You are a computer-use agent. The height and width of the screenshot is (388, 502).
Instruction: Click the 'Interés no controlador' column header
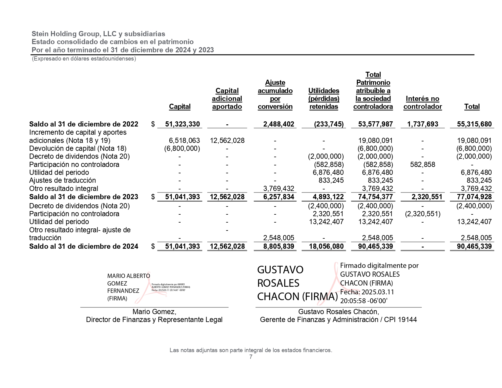click(422, 102)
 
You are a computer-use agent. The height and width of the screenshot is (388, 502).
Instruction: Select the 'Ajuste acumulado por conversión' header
click(275, 95)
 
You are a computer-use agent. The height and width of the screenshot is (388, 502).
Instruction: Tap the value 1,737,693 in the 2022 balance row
click(422, 124)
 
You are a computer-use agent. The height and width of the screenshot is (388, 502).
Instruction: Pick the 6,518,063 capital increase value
click(184, 140)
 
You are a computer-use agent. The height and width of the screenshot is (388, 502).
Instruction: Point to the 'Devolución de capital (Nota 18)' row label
click(78, 148)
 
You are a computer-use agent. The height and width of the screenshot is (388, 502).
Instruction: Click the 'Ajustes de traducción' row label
click(62, 180)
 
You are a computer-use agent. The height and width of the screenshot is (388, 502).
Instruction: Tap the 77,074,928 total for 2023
click(474, 197)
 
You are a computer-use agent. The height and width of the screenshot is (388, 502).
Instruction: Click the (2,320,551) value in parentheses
click(422, 214)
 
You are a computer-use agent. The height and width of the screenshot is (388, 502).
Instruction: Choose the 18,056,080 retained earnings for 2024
click(326, 246)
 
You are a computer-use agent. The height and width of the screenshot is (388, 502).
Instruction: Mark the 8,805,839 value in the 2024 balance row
click(279, 246)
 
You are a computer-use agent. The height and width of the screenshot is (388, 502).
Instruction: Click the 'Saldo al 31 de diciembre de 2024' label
click(84, 246)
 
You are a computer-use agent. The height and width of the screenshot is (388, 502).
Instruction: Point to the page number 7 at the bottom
click(251, 357)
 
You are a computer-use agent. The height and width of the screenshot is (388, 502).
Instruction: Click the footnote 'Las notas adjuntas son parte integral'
click(251, 350)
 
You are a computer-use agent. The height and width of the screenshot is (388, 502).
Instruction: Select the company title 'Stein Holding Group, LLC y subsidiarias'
click(98, 34)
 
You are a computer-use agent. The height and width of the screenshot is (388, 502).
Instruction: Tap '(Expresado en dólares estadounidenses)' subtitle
click(84, 59)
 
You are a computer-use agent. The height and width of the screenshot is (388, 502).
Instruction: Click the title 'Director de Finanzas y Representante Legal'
click(154, 320)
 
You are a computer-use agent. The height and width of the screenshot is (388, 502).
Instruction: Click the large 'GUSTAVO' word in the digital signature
click(280, 270)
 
